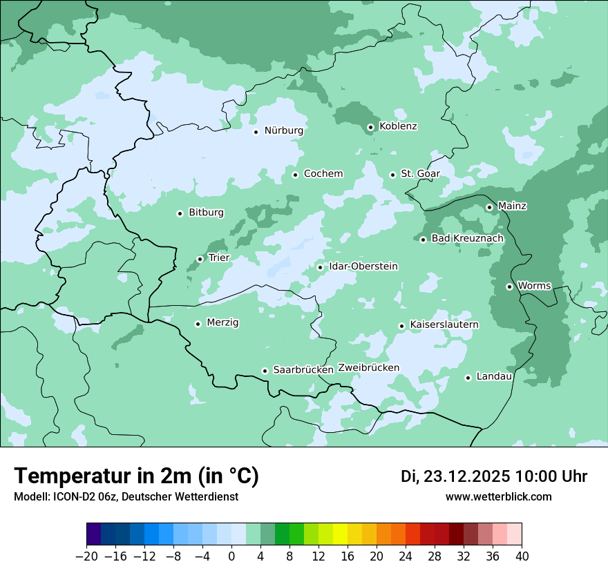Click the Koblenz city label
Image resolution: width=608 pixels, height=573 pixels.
tap(398, 126)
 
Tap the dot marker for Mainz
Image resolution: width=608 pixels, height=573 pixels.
tap(489, 207)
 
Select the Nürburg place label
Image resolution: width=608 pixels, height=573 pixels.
tap(283, 130)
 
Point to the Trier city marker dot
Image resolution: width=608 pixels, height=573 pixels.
tap(200, 259)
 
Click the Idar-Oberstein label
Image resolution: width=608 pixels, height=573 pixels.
tap(363, 266)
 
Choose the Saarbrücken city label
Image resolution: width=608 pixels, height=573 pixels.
tap(303, 370)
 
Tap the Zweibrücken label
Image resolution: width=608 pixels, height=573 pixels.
tap(368, 368)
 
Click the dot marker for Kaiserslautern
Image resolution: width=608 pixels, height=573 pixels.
tap(401, 326)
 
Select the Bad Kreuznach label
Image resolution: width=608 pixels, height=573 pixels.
tap(467, 239)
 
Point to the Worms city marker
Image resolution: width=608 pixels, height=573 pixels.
tap(509, 286)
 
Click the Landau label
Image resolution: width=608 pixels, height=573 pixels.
tap(494, 377)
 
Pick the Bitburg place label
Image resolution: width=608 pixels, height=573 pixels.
tap(206, 213)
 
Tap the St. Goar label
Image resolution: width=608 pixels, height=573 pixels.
tap(420, 174)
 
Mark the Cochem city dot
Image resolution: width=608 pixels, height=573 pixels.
tap(295, 175)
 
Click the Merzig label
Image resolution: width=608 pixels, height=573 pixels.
tap(222, 323)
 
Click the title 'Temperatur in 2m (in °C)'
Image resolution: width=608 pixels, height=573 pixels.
tap(136, 476)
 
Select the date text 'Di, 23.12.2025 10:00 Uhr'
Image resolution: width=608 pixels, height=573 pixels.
tap(494, 477)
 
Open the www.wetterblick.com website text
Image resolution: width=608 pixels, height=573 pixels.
tap(498, 497)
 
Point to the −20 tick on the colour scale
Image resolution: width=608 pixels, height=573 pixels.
tap(87, 556)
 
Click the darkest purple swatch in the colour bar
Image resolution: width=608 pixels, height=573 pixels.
tap(94, 534)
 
